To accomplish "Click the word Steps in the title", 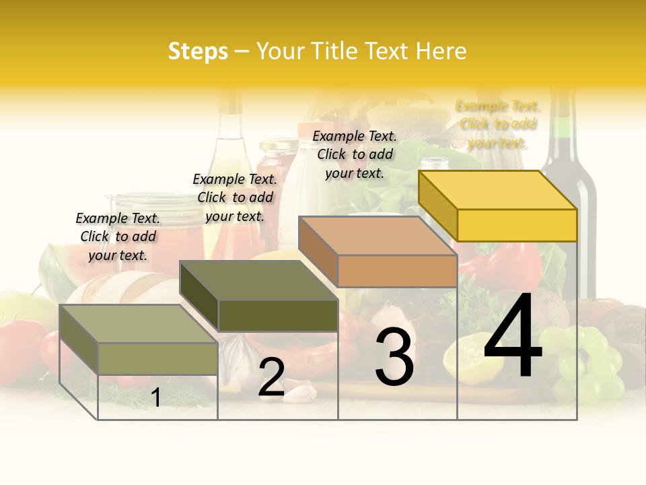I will click(198, 51).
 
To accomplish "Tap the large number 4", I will click(513, 337).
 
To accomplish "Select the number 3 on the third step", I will click(394, 358).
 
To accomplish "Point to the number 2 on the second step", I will click(271, 378).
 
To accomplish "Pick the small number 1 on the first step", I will click(156, 398).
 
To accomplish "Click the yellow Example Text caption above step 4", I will click(498, 125).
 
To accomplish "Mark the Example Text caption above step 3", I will click(355, 154).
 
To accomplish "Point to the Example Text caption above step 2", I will click(235, 197).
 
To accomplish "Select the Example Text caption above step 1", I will click(118, 236).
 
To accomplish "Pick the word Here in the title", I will click(441, 51).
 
